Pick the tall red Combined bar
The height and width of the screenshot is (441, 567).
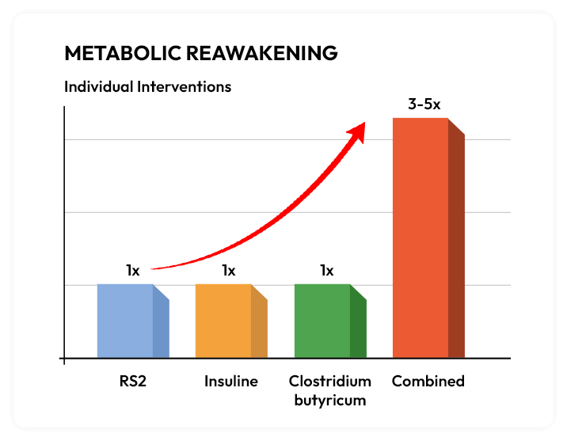click(x=420, y=238)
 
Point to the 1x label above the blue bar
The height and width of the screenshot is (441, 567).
click(x=132, y=271)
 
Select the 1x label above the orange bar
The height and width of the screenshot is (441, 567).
click(x=229, y=271)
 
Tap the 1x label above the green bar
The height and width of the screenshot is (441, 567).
click(x=327, y=271)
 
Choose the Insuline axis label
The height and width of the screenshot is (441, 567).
click(x=231, y=382)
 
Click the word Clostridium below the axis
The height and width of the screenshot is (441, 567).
click(x=330, y=382)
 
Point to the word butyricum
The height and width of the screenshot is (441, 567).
click(x=330, y=400)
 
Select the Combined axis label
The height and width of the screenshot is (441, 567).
click(x=428, y=382)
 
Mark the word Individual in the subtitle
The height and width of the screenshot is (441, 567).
click(x=97, y=86)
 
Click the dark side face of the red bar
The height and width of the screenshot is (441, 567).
click(x=456, y=245)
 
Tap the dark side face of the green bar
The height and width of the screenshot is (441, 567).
click(x=358, y=329)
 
